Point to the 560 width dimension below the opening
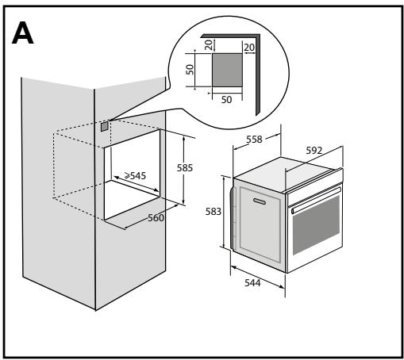click(156, 217)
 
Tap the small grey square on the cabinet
click(104, 124)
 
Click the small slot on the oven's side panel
click(259, 204)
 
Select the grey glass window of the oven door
click(316, 229)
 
